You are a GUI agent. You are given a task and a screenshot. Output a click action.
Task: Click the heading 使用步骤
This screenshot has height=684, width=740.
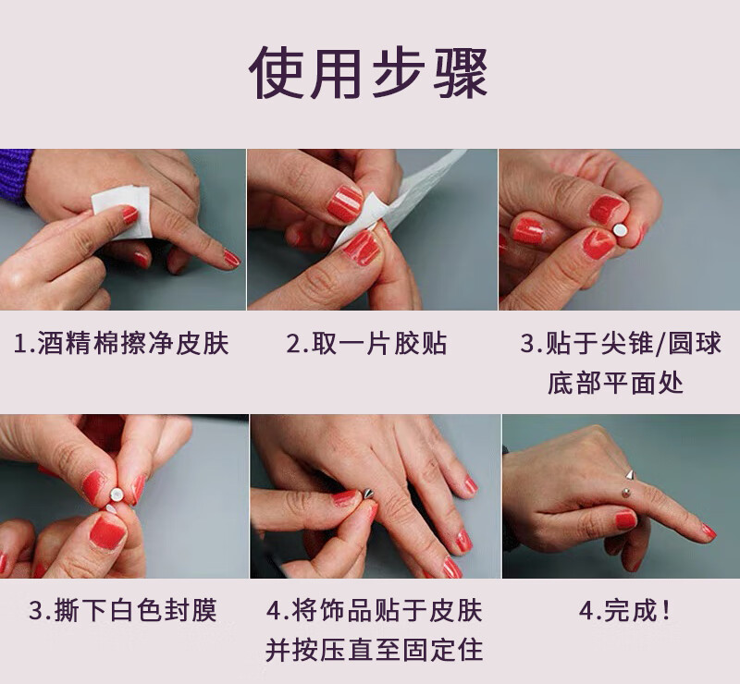[368, 73]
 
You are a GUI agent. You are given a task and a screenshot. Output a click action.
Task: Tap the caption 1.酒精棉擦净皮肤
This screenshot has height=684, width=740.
[121, 344]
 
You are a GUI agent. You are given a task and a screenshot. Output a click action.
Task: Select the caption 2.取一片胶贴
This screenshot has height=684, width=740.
[366, 344]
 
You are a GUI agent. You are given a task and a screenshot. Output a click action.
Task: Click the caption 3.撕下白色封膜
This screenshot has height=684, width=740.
[123, 610]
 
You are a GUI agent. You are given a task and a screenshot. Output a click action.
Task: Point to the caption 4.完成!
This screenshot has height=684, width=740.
[624, 610]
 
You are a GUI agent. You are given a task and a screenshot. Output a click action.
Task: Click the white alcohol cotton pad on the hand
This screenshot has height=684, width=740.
[122, 212]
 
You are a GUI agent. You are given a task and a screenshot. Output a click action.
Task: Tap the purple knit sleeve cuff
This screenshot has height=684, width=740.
[15, 176]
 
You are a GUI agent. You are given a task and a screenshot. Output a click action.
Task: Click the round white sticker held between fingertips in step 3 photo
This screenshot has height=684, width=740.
[620, 230]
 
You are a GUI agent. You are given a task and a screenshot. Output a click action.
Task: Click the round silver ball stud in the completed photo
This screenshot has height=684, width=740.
[626, 494]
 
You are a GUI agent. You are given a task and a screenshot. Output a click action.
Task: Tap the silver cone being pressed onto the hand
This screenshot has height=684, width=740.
[368, 495]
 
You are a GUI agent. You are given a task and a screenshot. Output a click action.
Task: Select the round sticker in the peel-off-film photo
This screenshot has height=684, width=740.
[117, 495]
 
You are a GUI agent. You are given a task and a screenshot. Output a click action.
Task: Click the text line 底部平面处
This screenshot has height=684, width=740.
[615, 382]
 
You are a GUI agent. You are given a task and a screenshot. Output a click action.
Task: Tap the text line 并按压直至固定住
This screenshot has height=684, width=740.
[375, 650]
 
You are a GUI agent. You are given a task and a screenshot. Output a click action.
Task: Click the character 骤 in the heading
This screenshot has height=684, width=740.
[460, 73]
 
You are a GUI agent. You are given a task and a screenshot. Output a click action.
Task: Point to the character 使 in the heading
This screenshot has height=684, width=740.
[276, 73]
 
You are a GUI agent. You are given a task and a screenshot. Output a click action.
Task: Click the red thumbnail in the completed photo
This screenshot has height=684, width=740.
[626, 519]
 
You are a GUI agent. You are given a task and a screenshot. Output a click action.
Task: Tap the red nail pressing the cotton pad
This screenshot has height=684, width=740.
[129, 215]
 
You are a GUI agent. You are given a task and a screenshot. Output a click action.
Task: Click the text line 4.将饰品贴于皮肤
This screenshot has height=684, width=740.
[375, 610]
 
